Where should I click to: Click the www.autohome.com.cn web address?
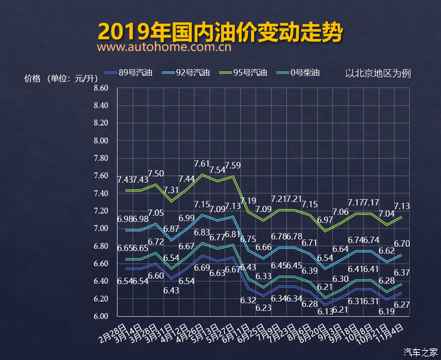click(x=164, y=48)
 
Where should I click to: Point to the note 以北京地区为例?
click(x=378, y=73)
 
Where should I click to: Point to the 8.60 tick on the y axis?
click(x=100, y=88)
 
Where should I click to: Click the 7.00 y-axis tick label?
click(x=100, y=228)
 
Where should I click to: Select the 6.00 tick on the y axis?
click(x=100, y=316)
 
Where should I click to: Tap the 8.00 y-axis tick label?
click(x=100, y=141)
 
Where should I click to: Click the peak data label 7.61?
click(x=202, y=164)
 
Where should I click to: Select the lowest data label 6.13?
click(x=326, y=312)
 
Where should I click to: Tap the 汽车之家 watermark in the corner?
click(x=420, y=351)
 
